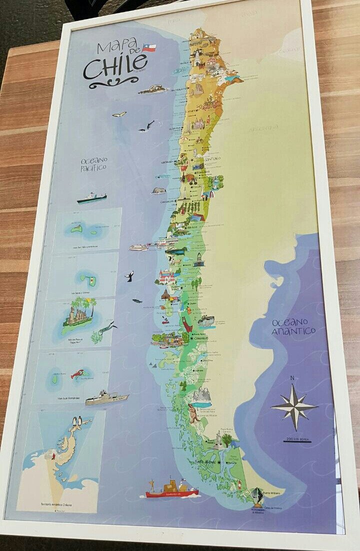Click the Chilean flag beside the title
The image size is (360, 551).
click(x=149, y=48)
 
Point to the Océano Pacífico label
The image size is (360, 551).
click(x=94, y=164)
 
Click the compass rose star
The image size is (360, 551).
click(x=294, y=406)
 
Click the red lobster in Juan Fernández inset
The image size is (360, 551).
click(x=76, y=373)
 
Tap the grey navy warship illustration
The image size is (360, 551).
click(x=106, y=398)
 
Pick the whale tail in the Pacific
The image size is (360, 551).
click(x=130, y=276)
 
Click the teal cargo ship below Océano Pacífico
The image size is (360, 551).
click(x=91, y=198)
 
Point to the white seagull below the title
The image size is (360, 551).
click(x=119, y=114)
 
